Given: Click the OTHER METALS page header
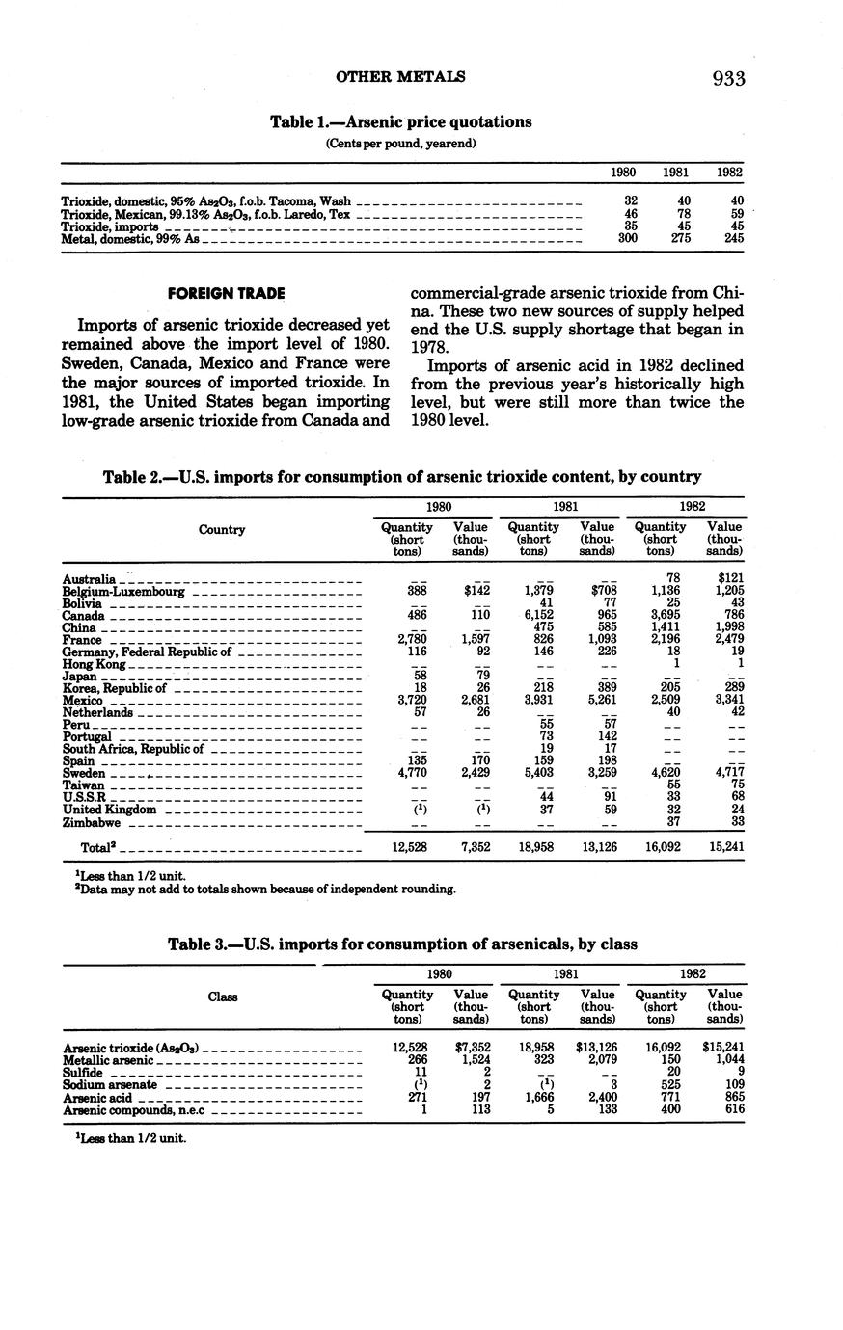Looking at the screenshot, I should click(400, 76).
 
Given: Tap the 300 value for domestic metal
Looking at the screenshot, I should click(627, 238).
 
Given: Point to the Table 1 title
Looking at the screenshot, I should click(400, 122).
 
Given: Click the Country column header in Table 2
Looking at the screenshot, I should click(221, 529).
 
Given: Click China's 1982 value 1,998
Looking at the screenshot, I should click(724, 627).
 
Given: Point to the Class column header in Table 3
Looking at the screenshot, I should click(222, 997).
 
